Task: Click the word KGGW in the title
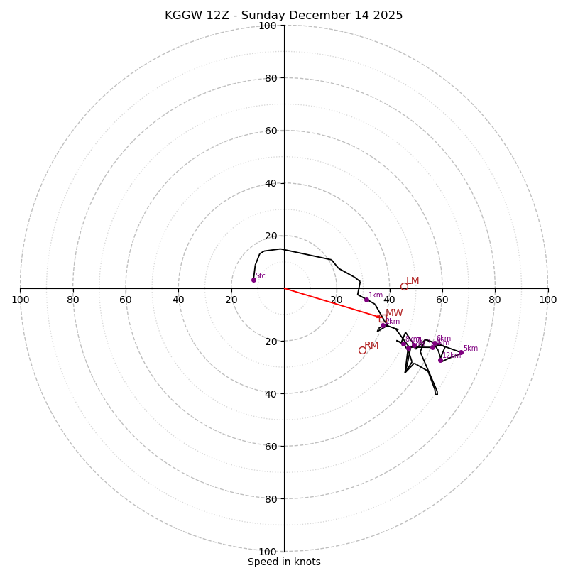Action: point(182,16)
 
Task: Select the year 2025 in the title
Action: point(385,16)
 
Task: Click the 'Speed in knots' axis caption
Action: point(284,562)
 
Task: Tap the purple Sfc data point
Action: point(253,280)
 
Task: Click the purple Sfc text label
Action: point(261,276)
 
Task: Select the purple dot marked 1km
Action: point(366,300)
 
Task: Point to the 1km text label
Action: point(376,295)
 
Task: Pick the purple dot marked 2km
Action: point(383,325)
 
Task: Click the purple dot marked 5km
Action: point(461,352)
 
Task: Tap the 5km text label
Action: point(470,349)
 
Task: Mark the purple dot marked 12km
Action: point(440,360)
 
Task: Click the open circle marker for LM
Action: point(404,287)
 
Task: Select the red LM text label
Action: point(413,281)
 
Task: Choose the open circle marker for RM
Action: point(362,350)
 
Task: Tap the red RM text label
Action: point(371,346)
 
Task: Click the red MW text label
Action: point(394,313)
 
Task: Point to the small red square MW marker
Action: point(382,318)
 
